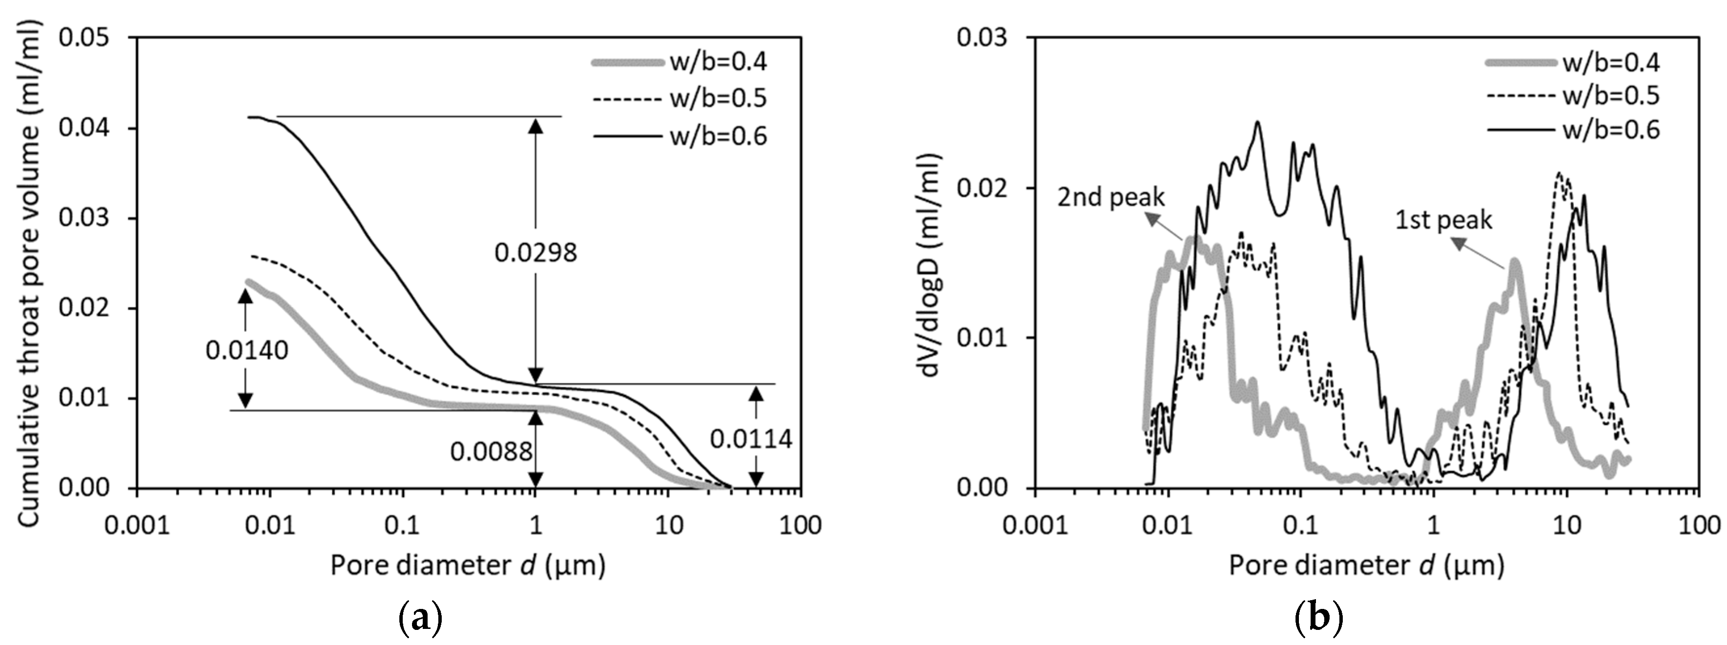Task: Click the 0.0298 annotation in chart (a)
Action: [535, 253]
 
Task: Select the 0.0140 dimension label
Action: [247, 350]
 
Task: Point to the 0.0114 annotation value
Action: [751, 440]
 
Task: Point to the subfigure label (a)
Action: [420, 620]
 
